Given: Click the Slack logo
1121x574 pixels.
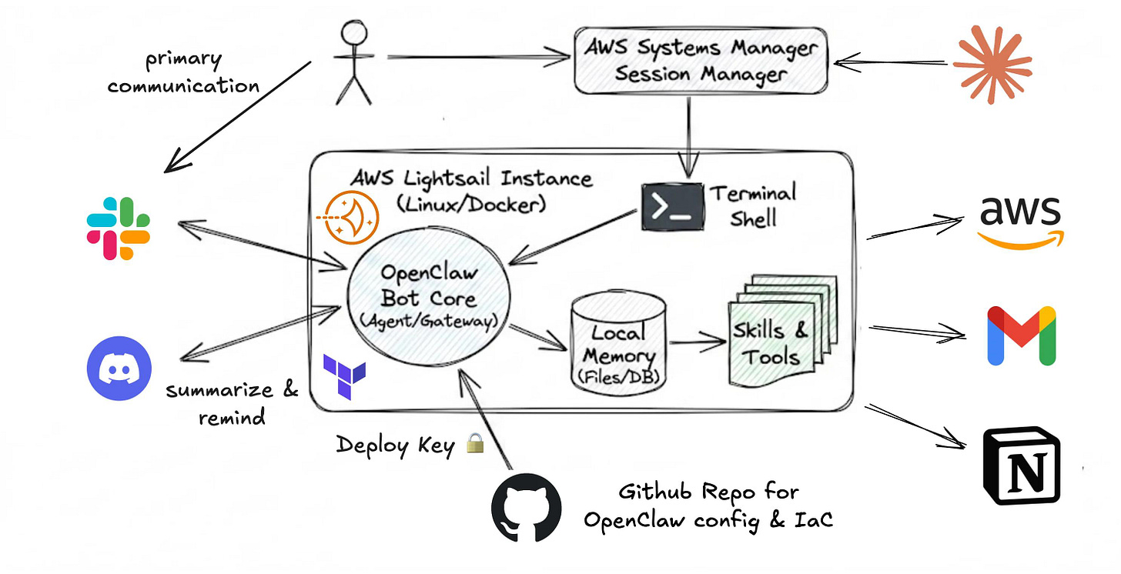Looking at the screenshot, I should point(119,229).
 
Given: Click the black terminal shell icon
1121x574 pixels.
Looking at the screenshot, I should point(672,207).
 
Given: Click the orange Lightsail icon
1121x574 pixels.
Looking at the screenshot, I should point(351,218).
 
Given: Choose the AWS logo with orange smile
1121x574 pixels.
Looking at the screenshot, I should point(1020,221).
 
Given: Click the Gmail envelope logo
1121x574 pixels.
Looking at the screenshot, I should point(1021,336).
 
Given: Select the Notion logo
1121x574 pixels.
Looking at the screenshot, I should point(1022,466).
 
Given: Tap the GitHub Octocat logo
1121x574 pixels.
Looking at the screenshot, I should point(527,507).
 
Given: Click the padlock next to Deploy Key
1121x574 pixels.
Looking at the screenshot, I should point(475,443).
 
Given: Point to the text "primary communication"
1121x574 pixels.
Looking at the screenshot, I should point(182,72).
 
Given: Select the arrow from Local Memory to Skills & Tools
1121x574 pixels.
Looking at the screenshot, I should point(698,344).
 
